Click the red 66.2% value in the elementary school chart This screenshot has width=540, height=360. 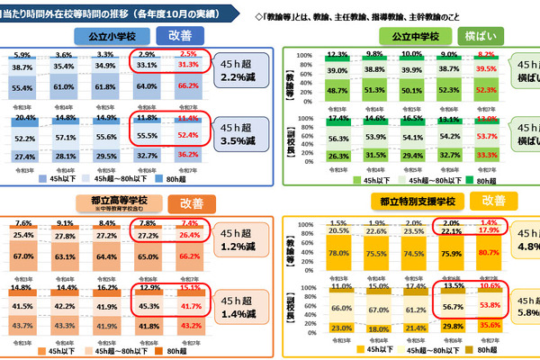tap(188, 86)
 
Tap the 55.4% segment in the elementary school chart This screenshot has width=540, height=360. tap(23, 86)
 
